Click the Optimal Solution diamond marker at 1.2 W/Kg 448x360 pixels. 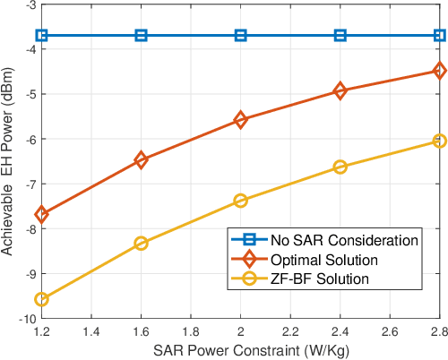(x=41, y=214)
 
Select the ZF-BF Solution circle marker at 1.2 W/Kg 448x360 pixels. (x=41, y=299)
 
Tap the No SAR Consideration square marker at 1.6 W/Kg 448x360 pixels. (x=141, y=36)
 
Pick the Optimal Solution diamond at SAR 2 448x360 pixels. (x=240, y=119)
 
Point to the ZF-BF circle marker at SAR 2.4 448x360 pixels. (x=340, y=167)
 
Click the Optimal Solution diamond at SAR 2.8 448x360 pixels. (x=439, y=70)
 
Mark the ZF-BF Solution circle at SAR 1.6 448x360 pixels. (x=141, y=243)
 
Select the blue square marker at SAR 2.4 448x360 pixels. (x=340, y=36)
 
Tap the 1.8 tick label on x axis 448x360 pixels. (x=190, y=331)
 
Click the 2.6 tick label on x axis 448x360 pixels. (x=389, y=331)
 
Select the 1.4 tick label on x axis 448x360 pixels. (x=90, y=331)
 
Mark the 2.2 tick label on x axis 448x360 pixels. (x=289, y=331)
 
